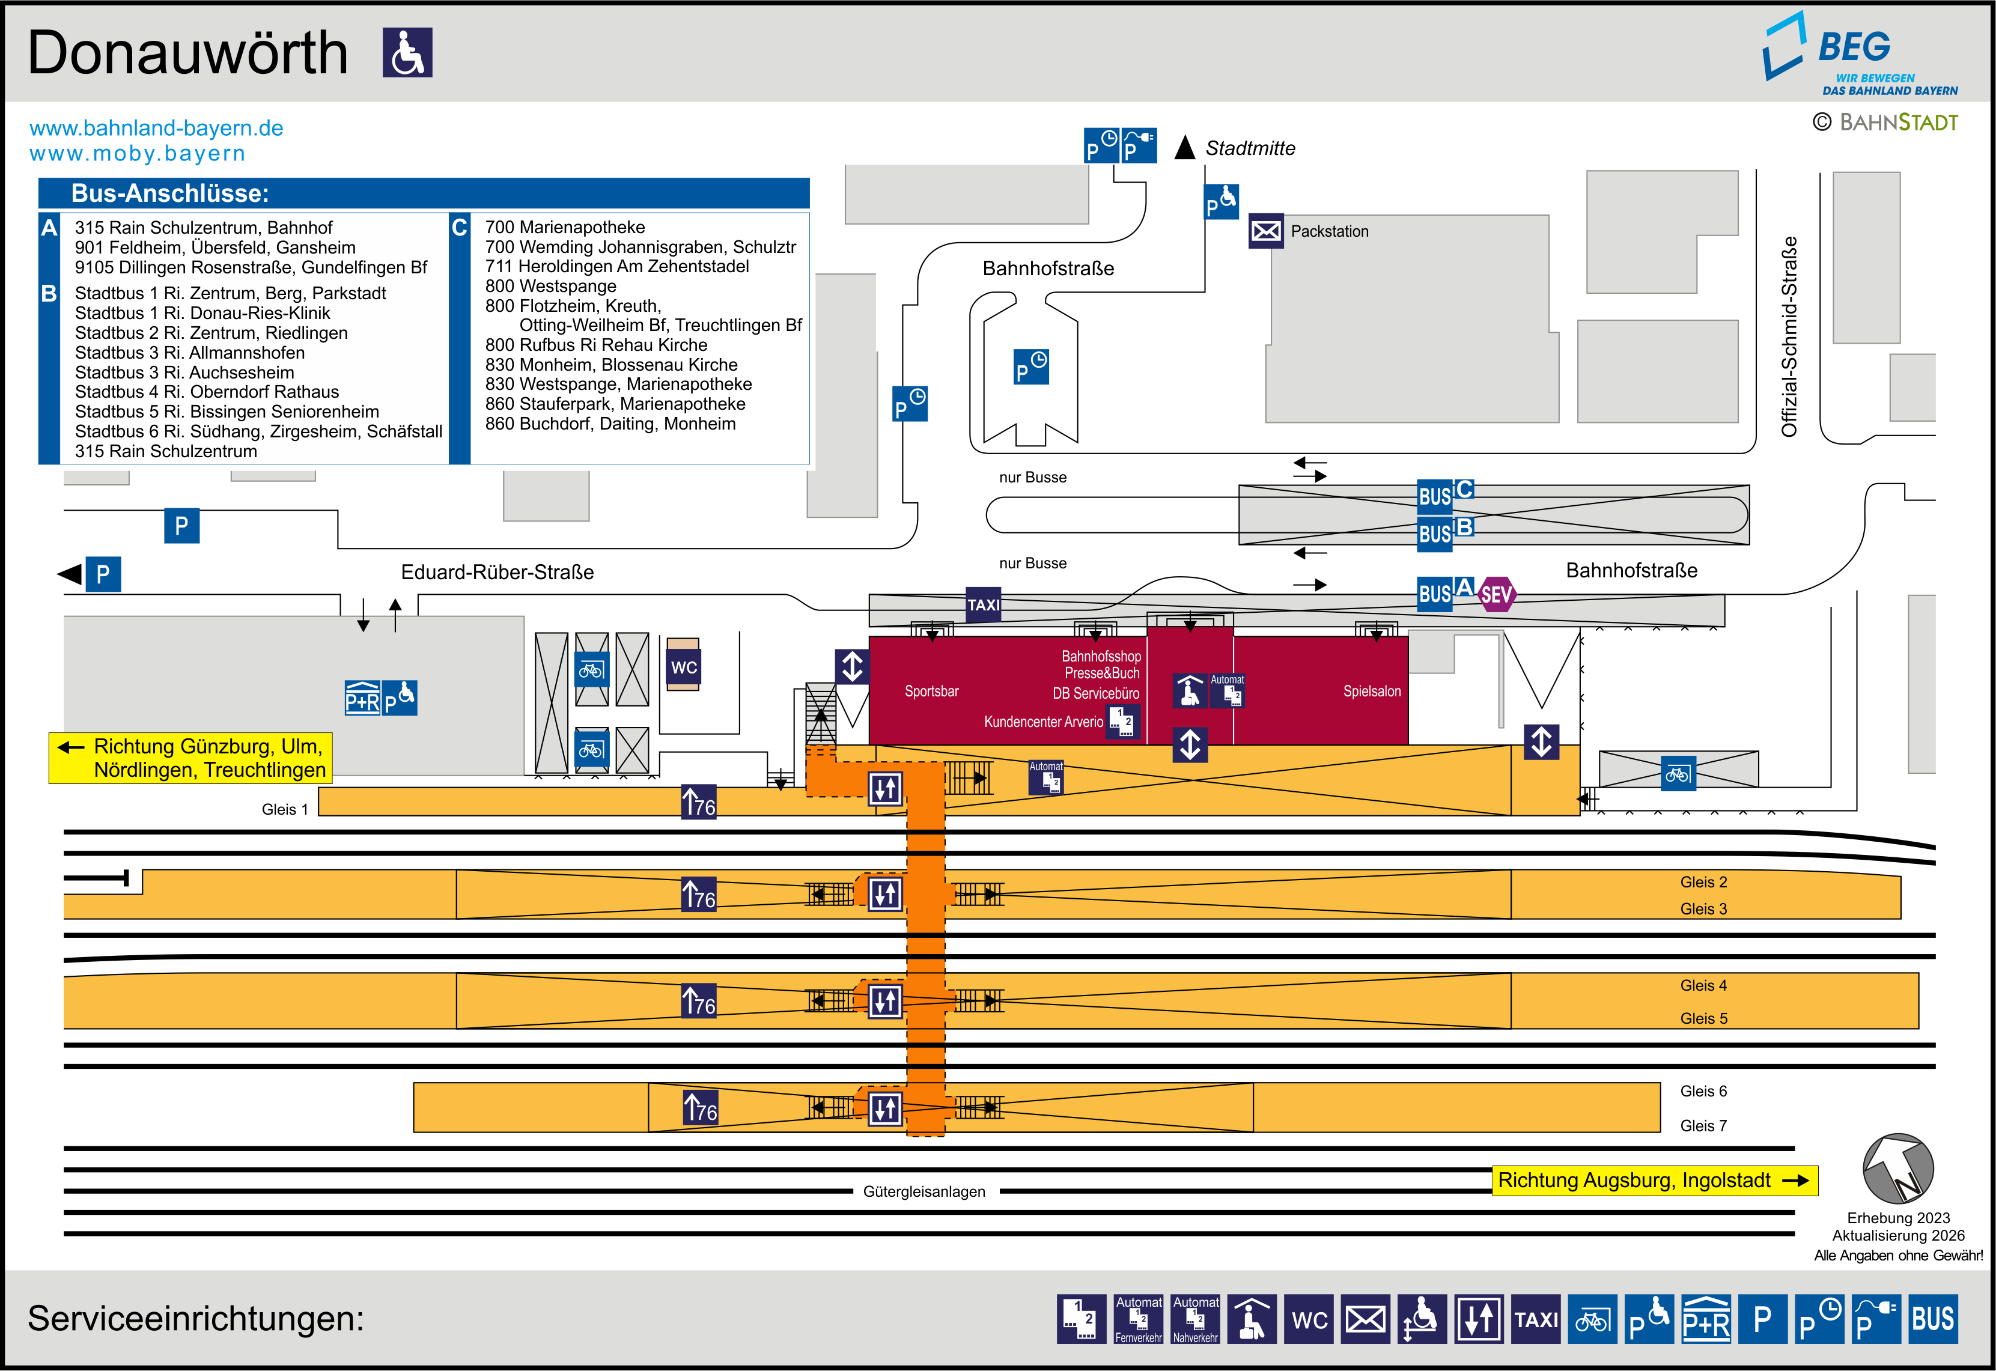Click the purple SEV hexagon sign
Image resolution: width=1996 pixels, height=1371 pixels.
tap(1496, 594)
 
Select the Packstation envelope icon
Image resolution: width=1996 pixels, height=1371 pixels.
tap(1265, 231)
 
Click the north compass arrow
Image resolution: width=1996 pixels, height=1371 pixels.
tap(1898, 1169)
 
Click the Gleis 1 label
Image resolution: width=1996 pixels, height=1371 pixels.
tap(284, 809)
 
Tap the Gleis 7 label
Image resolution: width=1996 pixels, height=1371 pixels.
tap(1703, 1125)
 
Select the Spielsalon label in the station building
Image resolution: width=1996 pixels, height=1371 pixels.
tap(1372, 692)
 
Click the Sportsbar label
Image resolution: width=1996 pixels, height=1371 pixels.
tap(931, 692)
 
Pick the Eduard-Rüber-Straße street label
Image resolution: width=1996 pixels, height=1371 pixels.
tap(497, 572)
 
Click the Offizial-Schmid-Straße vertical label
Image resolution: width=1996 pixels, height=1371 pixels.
tap(1789, 336)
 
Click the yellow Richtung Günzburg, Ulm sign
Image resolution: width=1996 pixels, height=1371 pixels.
tap(190, 758)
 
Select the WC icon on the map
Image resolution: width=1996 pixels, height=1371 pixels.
tap(684, 667)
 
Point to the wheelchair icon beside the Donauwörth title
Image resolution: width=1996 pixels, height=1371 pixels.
tap(407, 52)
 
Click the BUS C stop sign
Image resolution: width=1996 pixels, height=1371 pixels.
tap(1446, 494)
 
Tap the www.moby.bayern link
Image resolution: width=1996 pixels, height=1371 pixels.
tap(138, 154)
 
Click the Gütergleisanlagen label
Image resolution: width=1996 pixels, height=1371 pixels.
tap(924, 1191)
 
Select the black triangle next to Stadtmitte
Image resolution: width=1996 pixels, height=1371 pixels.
tap(1185, 148)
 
